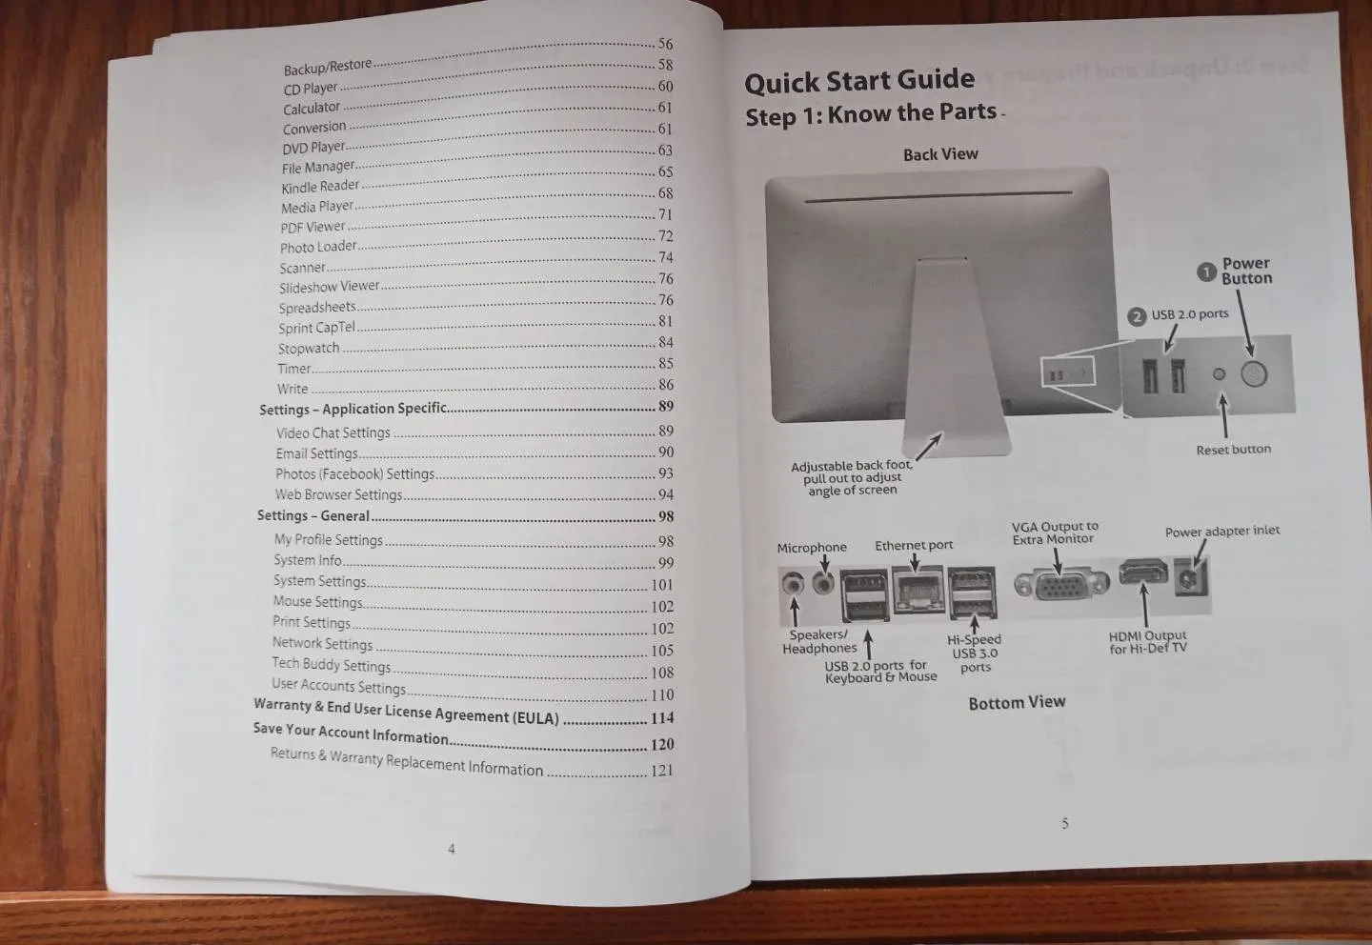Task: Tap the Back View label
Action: pyautogui.click(x=940, y=154)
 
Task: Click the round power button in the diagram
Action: pyautogui.click(x=1254, y=374)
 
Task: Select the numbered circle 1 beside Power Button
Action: pyautogui.click(x=1206, y=271)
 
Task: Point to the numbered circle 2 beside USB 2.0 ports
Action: pyautogui.click(x=1137, y=316)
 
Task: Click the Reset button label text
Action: pyautogui.click(x=1233, y=450)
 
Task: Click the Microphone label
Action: pyautogui.click(x=811, y=548)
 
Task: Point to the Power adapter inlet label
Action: pyautogui.click(x=1221, y=532)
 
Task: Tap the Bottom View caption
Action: pyautogui.click(x=1017, y=703)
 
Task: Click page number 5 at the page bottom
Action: pyautogui.click(x=1065, y=823)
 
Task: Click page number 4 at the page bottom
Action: pyautogui.click(x=452, y=849)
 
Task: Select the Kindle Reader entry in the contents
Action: pyautogui.click(x=320, y=187)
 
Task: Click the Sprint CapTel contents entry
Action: pyautogui.click(x=316, y=328)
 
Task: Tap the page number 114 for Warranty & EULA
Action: pyautogui.click(x=662, y=718)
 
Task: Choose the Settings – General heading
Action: pyautogui.click(x=313, y=516)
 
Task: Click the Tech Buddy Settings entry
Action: pyautogui.click(x=331, y=665)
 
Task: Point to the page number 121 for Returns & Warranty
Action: pyautogui.click(x=662, y=771)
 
